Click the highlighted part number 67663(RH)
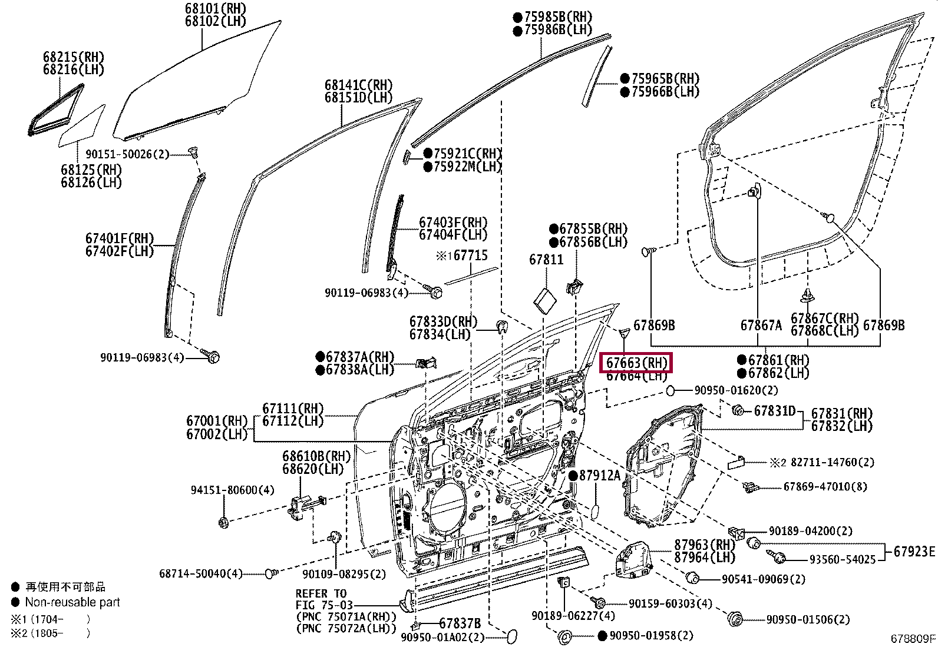coord(636,363)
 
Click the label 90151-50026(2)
coord(127,154)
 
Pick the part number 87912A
coord(599,475)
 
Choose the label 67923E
coord(914,551)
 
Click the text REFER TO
coord(321,593)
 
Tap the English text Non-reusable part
coord(72,602)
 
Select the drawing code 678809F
coord(913,638)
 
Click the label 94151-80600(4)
coord(232,490)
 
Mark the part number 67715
coord(470,256)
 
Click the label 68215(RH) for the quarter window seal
coord(73,57)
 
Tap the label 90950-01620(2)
coord(736,390)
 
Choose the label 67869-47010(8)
coord(825,487)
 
